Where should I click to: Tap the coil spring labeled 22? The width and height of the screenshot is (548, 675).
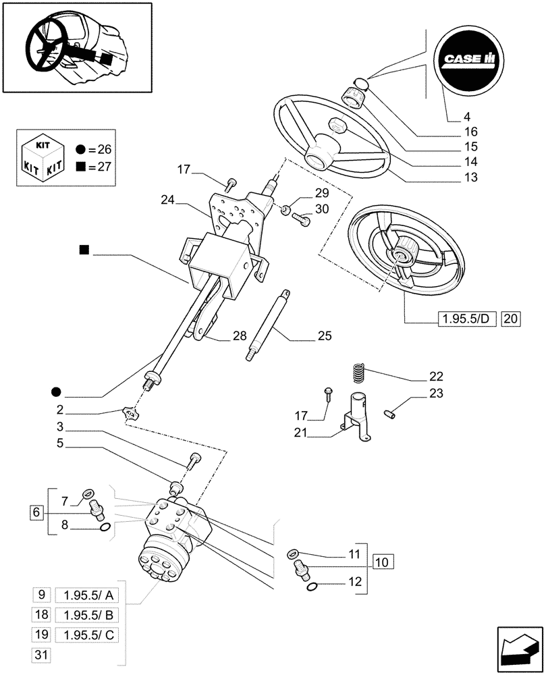coord(358,373)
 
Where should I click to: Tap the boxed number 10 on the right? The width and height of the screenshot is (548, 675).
coord(382,561)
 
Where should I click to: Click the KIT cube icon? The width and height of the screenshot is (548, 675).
coord(42,158)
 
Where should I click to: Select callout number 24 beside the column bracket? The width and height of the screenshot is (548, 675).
coord(169,199)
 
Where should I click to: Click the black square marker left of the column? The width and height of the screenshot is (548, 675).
coord(84,250)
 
